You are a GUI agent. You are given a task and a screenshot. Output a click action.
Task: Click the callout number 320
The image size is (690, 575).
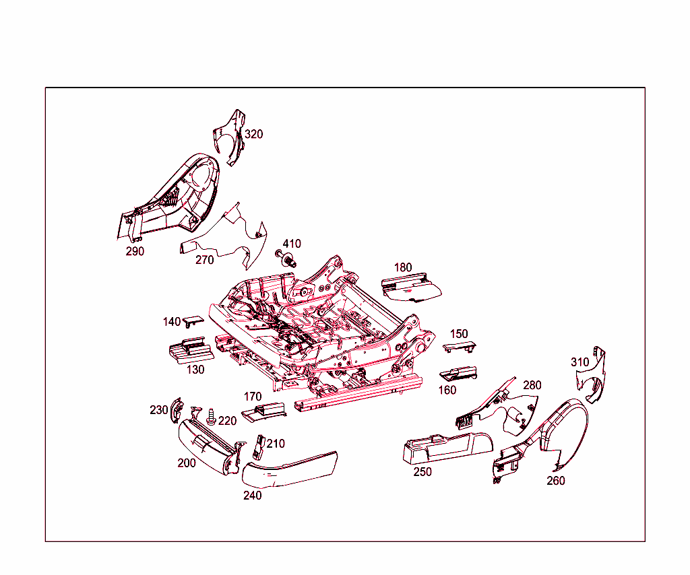coord(253,134)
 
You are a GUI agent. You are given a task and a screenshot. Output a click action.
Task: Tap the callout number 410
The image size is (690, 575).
coord(292,244)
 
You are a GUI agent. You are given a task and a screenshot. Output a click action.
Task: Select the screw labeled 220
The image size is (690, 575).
coord(212,416)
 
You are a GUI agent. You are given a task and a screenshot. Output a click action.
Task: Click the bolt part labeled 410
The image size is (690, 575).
coord(286,258)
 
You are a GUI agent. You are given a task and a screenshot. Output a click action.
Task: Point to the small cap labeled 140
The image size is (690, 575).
coord(193,320)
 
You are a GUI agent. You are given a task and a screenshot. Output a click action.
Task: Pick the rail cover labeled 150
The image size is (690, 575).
coord(460,347)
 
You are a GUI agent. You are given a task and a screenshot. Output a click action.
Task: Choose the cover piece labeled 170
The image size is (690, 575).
coord(264,412)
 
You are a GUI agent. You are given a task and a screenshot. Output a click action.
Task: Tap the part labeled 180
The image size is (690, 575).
coord(411,288)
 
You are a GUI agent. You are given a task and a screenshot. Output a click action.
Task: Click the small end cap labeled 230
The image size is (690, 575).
coord(177,410)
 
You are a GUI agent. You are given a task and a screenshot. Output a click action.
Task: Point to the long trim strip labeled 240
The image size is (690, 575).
coord(290,469)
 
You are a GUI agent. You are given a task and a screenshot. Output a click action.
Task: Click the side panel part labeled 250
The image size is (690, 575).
coord(448,449)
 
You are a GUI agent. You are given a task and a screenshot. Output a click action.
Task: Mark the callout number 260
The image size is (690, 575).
coord(556,481)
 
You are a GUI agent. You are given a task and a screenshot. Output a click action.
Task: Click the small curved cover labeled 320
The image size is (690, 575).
coord(230,137)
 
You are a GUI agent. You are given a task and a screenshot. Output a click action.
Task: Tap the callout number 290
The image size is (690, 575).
coord(135,251)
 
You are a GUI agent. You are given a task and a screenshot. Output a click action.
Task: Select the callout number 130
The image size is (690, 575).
coord(195,370)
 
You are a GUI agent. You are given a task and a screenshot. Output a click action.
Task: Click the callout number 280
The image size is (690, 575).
coord(532,385)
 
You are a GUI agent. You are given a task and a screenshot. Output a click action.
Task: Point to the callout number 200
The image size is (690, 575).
coord(187,463)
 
